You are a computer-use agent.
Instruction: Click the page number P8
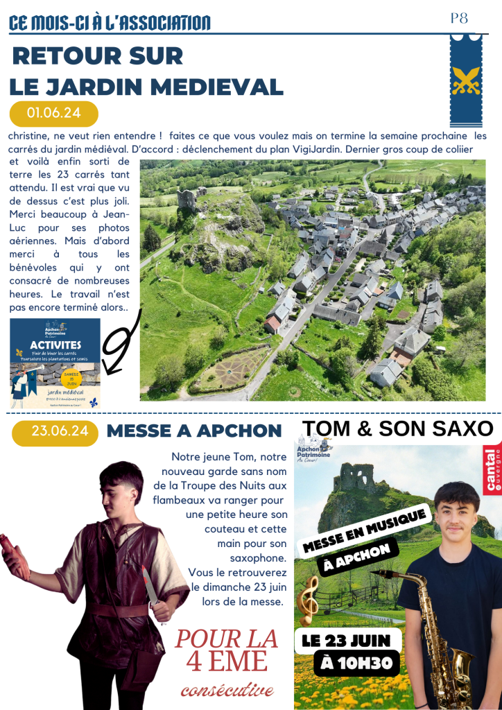pos(460,19)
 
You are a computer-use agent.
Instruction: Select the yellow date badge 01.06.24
pos(54,113)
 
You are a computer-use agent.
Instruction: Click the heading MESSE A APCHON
pos(193,431)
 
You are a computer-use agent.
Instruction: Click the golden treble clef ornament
pos(307,596)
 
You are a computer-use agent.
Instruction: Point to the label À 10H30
pos(358,664)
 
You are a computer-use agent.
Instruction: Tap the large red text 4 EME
pos(227,661)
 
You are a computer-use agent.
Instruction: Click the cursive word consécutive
pos(227,690)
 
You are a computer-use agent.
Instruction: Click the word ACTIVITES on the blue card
pos(55,345)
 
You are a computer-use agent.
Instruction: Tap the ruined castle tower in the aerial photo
pos(187,199)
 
